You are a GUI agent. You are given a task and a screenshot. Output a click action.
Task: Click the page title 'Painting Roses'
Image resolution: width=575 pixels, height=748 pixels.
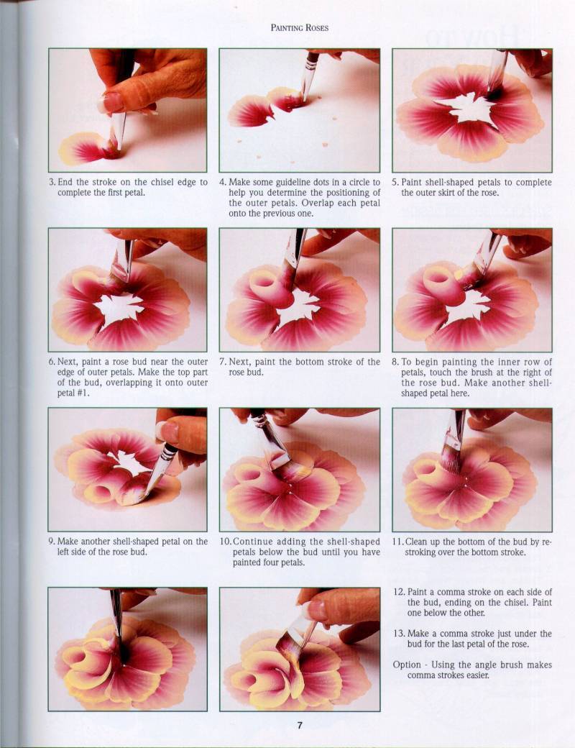pyautogui.click(x=300, y=27)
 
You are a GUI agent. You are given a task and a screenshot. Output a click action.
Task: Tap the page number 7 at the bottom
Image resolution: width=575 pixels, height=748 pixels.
pyautogui.click(x=300, y=726)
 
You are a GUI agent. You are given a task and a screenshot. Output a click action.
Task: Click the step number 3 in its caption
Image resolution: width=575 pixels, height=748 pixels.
pyautogui.click(x=52, y=182)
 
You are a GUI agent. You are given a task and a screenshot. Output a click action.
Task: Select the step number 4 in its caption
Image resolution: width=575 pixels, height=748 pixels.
pyautogui.click(x=222, y=182)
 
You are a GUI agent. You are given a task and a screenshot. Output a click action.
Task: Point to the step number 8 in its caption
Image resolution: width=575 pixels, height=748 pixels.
pyautogui.click(x=395, y=362)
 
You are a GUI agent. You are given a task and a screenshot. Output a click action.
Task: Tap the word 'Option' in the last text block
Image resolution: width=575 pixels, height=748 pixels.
pyautogui.click(x=407, y=665)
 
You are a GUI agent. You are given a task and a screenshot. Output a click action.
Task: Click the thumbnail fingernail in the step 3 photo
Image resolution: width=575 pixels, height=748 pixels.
pyautogui.click(x=113, y=101)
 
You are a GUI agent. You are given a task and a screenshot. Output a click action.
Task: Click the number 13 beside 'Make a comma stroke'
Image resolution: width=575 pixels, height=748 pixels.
pyautogui.click(x=399, y=634)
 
